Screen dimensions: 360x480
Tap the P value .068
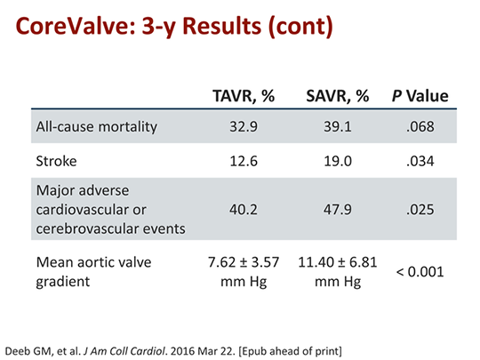[x=420, y=126]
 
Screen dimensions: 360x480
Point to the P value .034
[x=420, y=163]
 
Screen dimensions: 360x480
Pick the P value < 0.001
[x=420, y=270]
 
